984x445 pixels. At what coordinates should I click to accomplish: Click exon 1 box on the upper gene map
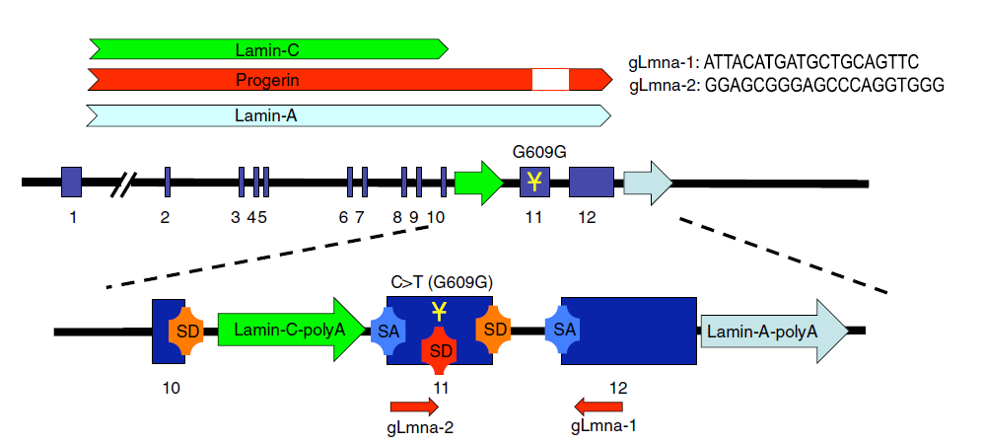[72, 183]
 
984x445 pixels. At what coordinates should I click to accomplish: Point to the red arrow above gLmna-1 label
[597, 405]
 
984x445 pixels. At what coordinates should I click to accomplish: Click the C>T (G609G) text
[441, 282]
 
